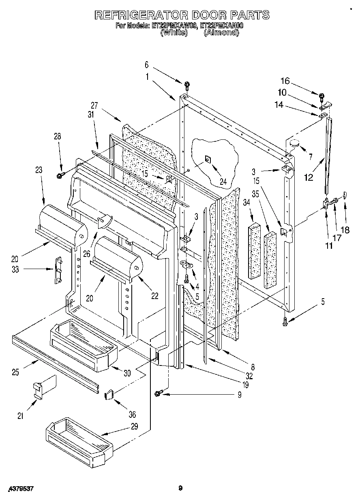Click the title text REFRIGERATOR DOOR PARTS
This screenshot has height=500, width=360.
(x=182, y=15)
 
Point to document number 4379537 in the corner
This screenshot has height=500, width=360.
(x=21, y=489)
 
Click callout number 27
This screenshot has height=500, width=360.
(x=94, y=105)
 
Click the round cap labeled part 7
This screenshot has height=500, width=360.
(x=294, y=143)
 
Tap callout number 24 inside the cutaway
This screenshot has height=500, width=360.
(x=223, y=171)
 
